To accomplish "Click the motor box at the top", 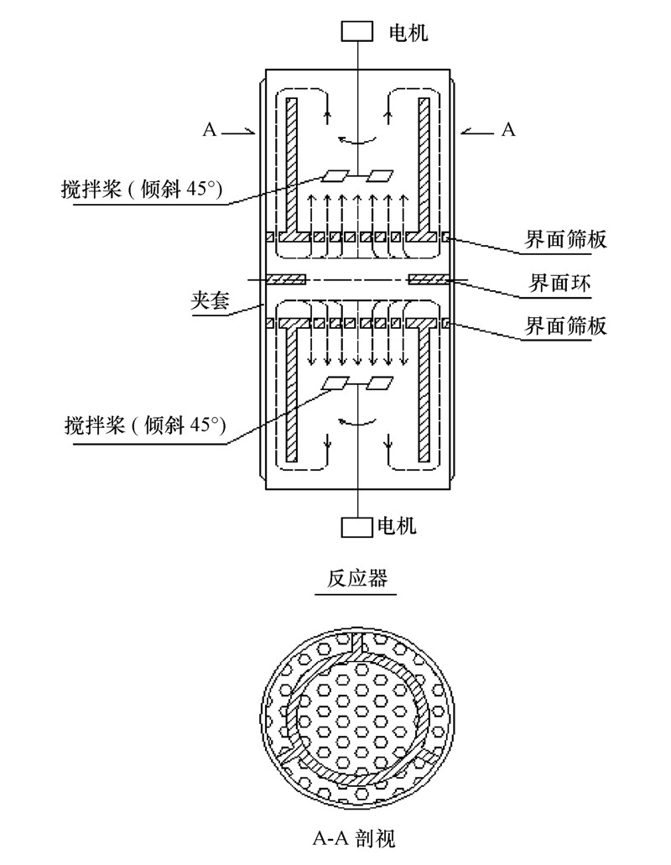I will click(x=358, y=30).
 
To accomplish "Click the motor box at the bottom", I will click(x=357, y=527).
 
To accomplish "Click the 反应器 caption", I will click(x=357, y=579).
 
